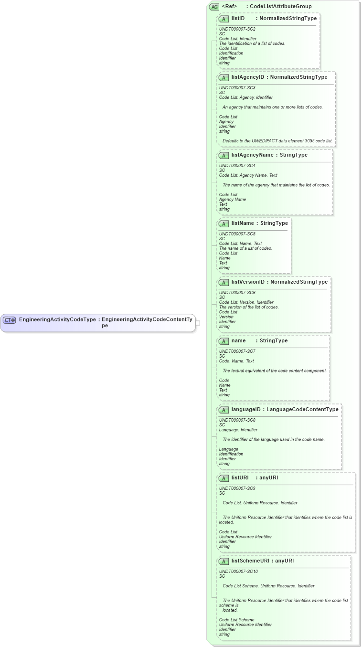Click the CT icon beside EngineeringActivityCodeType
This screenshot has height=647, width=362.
tap(10, 320)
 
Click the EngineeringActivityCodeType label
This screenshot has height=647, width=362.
tap(57, 319)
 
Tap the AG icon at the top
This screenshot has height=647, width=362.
tap(214, 7)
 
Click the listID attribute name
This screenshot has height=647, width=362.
tap(238, 18)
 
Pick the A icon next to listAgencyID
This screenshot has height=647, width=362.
tap(224, 77)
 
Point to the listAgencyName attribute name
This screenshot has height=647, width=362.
tap(252, 155)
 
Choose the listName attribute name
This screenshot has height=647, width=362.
tap(243, 223)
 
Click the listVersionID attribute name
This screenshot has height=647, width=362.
tap(248, 282)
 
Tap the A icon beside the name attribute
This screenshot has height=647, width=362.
tap(224, 341)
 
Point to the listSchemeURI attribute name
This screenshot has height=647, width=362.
tap(250, 561)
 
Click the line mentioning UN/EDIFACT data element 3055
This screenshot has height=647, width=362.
tap(277, 141)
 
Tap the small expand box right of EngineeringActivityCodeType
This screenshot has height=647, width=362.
tap(198, 323)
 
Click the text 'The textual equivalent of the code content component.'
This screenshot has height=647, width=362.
tap(275, 371)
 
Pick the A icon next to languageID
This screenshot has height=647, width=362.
tap(224, 410)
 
